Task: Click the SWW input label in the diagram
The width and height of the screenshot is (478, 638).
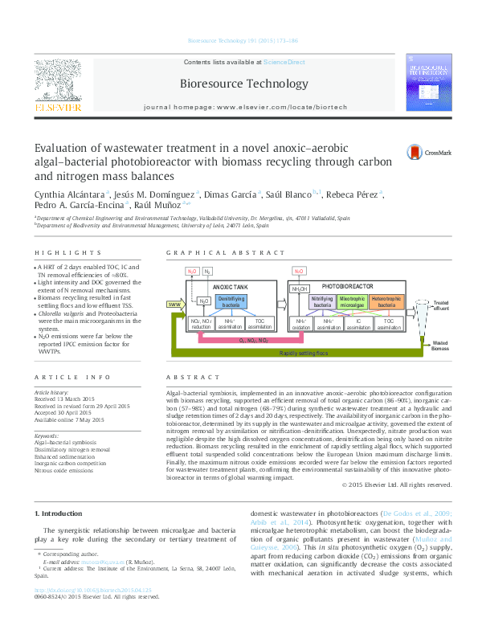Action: (x=174, y=305)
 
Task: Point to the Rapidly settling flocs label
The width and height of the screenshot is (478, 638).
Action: (x=303, y=353)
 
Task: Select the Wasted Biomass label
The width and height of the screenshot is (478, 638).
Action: (x=440, y=346)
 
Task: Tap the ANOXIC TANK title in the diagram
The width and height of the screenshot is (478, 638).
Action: (x=231, y=286)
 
